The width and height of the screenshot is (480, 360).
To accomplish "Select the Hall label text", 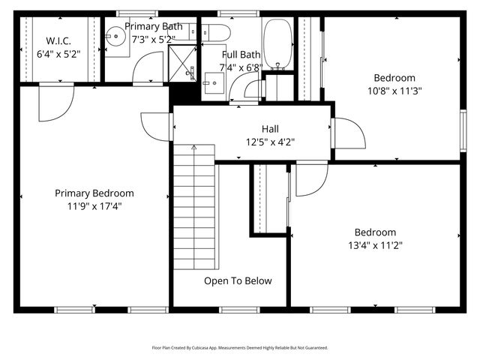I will [271, 128].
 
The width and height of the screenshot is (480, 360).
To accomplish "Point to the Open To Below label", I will [238, 281].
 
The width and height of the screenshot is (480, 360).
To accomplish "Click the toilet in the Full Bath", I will [217, 32].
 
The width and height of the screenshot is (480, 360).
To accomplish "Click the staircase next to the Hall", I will [194, 210].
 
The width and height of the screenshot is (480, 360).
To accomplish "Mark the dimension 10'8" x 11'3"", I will [394, 91].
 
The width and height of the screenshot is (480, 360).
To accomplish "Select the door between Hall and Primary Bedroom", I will [157, 127].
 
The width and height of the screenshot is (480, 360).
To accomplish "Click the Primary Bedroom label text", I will [94, 193].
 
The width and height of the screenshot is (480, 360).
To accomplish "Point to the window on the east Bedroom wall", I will [463, 124].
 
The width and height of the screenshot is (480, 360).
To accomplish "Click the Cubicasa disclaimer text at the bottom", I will [239, 348].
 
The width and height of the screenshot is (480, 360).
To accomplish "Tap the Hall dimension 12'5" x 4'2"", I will [271, 141].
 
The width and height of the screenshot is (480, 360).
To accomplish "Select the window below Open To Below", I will [238, 309].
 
